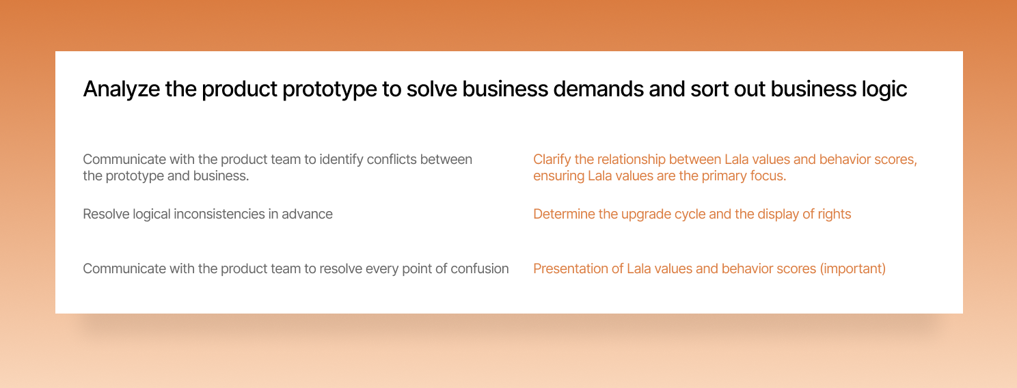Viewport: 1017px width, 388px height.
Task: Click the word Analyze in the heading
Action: [x=121, y=89]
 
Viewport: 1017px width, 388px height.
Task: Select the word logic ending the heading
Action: [x=884, y=89]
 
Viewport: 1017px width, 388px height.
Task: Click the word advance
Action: [x=307, y=214]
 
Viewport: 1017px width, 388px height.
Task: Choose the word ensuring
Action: [x=558, y=176]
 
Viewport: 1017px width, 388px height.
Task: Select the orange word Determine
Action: [x=563, y=214]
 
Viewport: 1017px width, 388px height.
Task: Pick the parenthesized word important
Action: [x=853, y=269]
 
